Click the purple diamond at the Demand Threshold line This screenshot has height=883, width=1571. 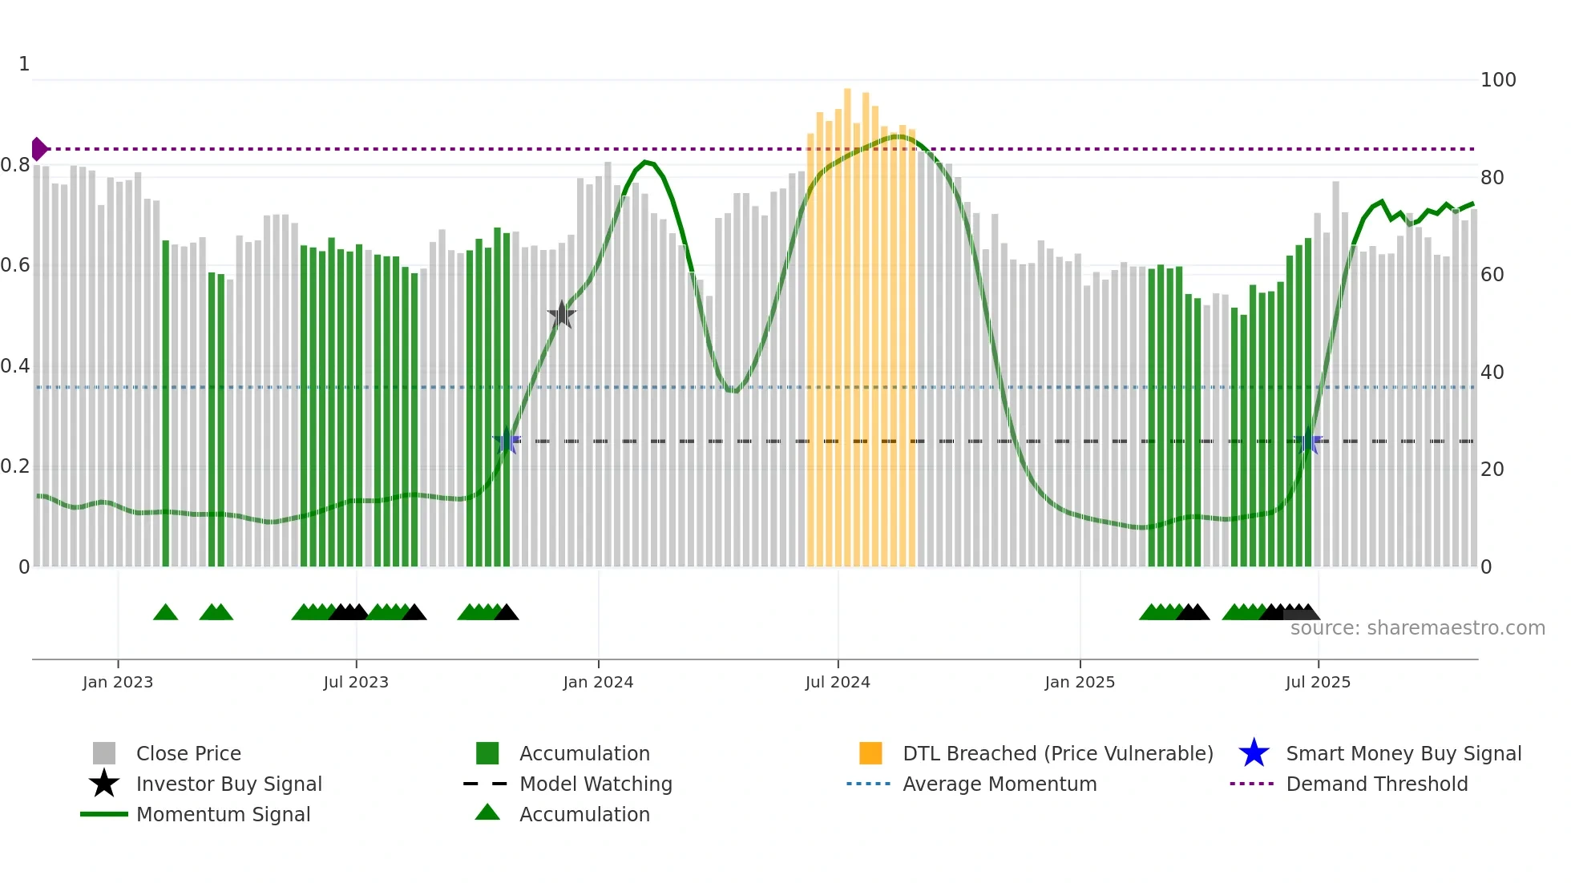coord(38,149)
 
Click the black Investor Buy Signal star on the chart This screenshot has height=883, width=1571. coord(562,315)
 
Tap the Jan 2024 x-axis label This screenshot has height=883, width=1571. coord(598,682)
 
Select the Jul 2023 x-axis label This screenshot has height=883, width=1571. coord(356,682)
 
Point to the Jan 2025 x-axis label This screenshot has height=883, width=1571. coord(1080,682)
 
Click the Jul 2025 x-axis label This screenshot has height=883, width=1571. coord(1318,682)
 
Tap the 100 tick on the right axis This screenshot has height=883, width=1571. coord(1497,80)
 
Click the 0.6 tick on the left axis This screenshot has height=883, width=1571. coord(15,265)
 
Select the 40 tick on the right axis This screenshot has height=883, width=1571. coord(1492,373)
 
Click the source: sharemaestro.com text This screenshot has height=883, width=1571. coord(1417,628)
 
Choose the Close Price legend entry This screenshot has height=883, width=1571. coord(188,753)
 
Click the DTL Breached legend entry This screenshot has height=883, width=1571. coord(1057,753)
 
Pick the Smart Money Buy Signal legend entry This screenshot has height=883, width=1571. coord(1403,753)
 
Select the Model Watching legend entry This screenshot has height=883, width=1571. coord(596,784)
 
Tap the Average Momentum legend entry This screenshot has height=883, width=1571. coord(1000,784)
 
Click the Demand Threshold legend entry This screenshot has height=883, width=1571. coord(1376,784)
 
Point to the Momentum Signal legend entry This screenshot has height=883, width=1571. coord(223,814)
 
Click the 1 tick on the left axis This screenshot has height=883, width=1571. coord(24,64)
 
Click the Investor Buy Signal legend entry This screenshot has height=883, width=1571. coord(228,784)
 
